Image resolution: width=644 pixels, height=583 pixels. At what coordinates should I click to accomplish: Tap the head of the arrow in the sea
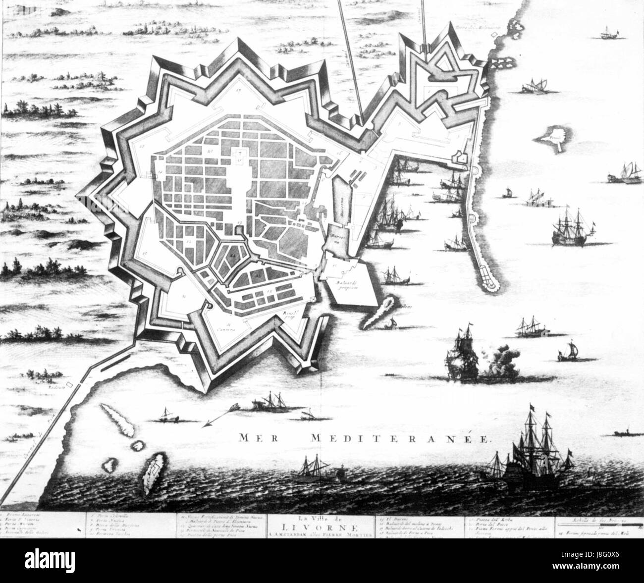207,425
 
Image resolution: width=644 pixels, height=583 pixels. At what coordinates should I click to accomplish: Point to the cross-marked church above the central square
239,158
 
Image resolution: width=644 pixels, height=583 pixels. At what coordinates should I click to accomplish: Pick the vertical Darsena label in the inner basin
342,203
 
